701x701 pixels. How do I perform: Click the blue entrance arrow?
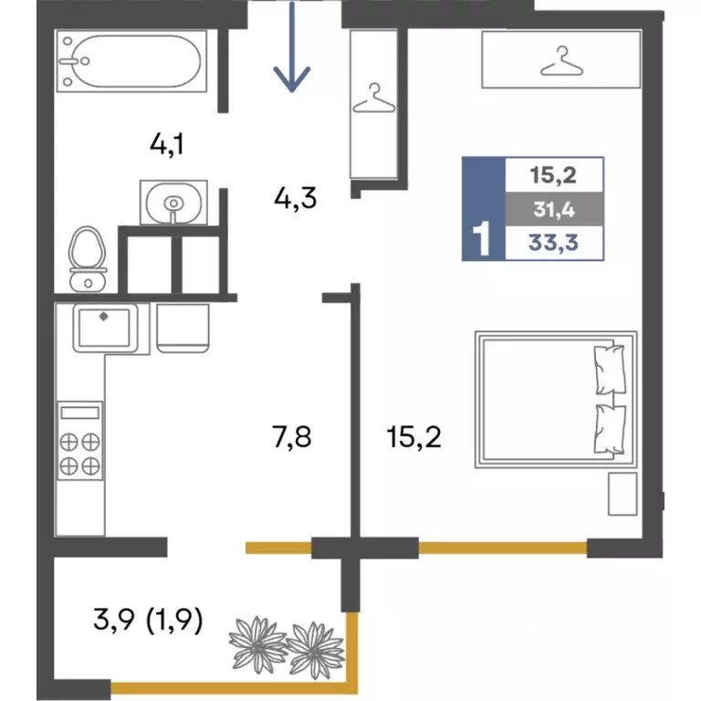click(x=292, y=47)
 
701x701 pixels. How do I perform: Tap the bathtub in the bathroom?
click(x=131, y=61)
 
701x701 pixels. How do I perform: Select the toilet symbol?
click(x=88, y=259)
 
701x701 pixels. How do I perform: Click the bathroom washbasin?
click(x=173, y=202)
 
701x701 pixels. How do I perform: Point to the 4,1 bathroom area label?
click(x=167, y=145)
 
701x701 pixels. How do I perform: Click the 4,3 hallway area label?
click(x=295, y=198)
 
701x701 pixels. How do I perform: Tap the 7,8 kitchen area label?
click(x=291, y=437)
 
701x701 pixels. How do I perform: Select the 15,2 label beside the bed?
click(x=414, y=437)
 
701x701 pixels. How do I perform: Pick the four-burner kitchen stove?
click(x=80, y=440)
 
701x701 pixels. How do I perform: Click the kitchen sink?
click(x=105, y=328)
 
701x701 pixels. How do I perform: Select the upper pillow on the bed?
click(x=609, y=370)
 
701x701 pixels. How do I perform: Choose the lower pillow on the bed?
click(x=609, y=430)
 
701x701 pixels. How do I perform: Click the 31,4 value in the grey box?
click(x=554, y=209)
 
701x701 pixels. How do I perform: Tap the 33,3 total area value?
click(x=553, y=243)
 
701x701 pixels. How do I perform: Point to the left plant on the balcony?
click(x=258, y=644)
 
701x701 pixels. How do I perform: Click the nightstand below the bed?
click(x=623, y=494)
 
